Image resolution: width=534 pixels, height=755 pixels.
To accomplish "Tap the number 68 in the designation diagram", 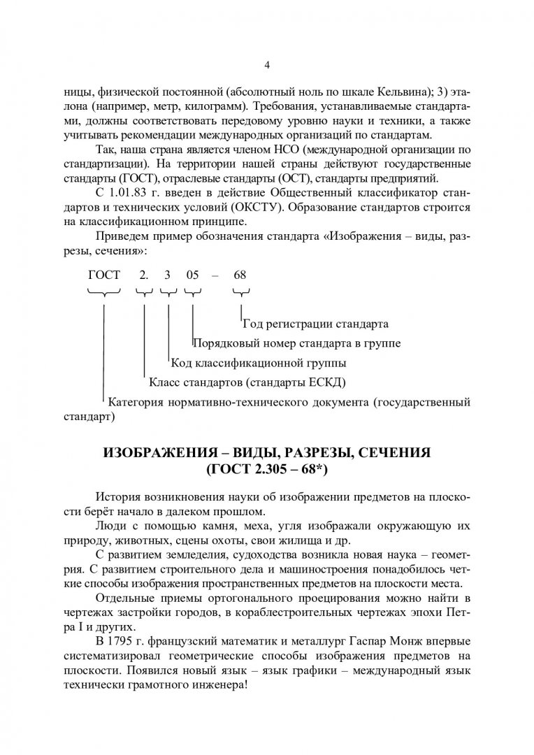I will click(240, 275).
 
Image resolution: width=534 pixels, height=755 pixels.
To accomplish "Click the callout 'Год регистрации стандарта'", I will click(315, 324).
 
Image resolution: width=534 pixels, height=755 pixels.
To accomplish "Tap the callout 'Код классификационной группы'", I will click(259, 364).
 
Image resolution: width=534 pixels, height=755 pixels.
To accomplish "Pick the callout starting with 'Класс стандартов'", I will click(247, 383).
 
